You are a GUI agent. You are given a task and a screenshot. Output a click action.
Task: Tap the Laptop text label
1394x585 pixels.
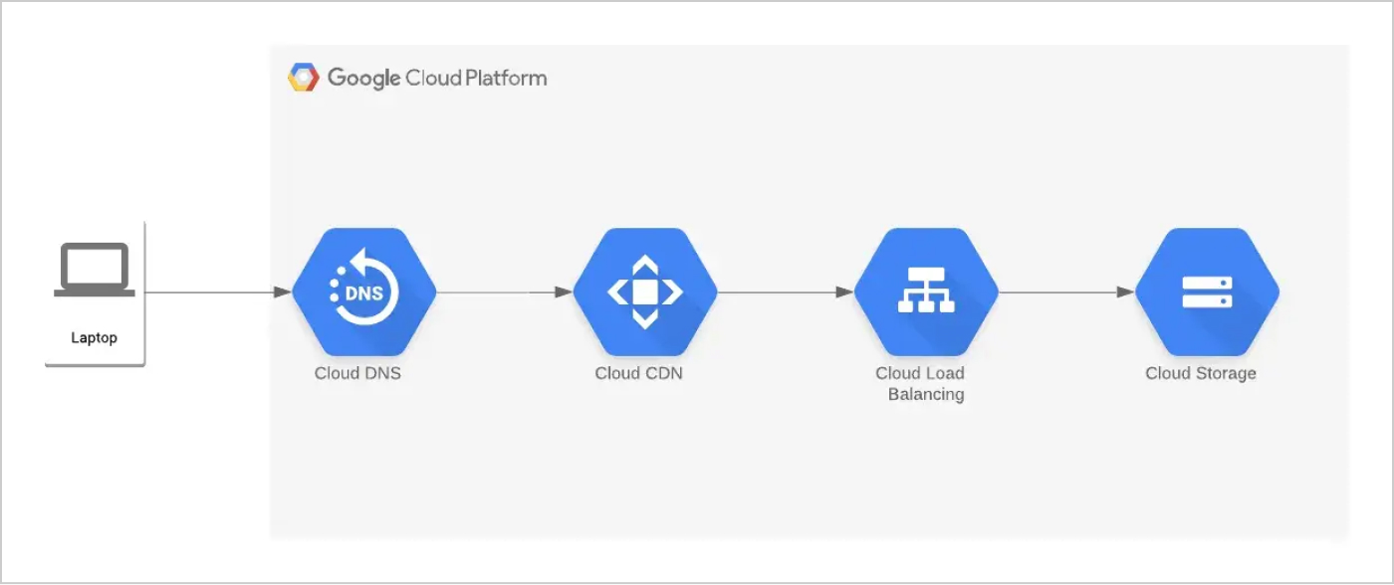[95, 338]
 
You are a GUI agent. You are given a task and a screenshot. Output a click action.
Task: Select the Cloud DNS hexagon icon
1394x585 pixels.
[363, 292]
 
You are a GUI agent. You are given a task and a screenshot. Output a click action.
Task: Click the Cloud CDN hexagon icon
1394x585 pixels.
[645, 292]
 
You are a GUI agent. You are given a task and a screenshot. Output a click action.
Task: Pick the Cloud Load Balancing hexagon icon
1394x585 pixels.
[926, 292]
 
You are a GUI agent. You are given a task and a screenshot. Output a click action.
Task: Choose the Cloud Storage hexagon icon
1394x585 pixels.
[1207, 292]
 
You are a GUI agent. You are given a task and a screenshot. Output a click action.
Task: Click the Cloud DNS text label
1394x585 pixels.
[357, 374]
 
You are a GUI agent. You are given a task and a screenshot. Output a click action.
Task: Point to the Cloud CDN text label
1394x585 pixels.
[638, 374]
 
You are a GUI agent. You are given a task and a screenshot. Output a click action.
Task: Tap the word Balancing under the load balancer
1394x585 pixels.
[926, 395]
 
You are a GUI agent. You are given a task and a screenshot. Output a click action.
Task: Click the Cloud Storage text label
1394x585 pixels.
[1200, 374]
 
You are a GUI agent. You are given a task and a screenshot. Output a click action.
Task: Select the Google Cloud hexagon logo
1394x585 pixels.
[303, 78]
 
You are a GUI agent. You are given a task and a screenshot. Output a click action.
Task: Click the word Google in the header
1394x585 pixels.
[363, 78]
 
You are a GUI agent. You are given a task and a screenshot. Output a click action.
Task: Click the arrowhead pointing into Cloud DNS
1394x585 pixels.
[283, 292]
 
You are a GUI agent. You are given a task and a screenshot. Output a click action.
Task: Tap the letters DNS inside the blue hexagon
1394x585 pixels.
[364, 293]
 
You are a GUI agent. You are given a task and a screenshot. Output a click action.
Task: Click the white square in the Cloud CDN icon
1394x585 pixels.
[645, 292]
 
